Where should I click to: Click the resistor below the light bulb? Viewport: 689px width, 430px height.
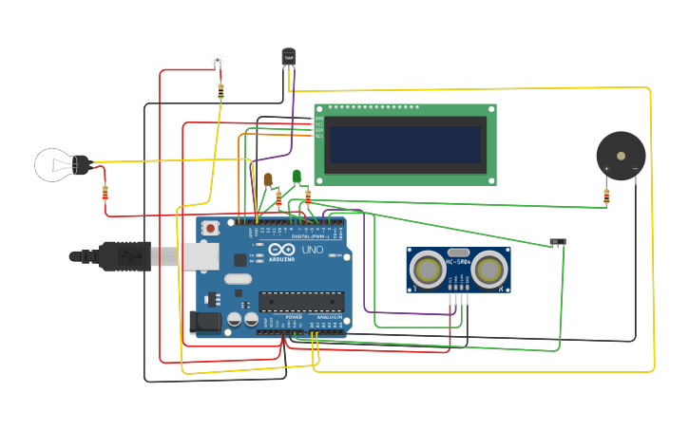(105, 193)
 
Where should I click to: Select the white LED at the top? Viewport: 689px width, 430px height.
(218, 61)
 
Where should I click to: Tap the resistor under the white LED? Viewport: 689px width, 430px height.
(220, 91)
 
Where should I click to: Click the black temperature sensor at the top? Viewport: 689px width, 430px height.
(288, 57)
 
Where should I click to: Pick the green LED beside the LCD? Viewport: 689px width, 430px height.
(297, 175)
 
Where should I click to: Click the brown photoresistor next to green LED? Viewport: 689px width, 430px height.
(269, 178)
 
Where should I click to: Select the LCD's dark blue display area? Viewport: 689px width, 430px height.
(406, 144)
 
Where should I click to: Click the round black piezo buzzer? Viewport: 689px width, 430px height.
(620, 154)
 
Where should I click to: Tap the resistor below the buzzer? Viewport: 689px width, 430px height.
(606, 196)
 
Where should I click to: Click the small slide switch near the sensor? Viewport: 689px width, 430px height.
(559, 242)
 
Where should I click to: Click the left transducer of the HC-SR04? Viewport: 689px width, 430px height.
(428, 270)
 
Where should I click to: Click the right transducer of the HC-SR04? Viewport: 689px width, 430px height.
(489, 270)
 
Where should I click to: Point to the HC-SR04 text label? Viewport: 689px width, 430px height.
(459, 262)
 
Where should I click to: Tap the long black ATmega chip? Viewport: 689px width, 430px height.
(301, 301)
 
